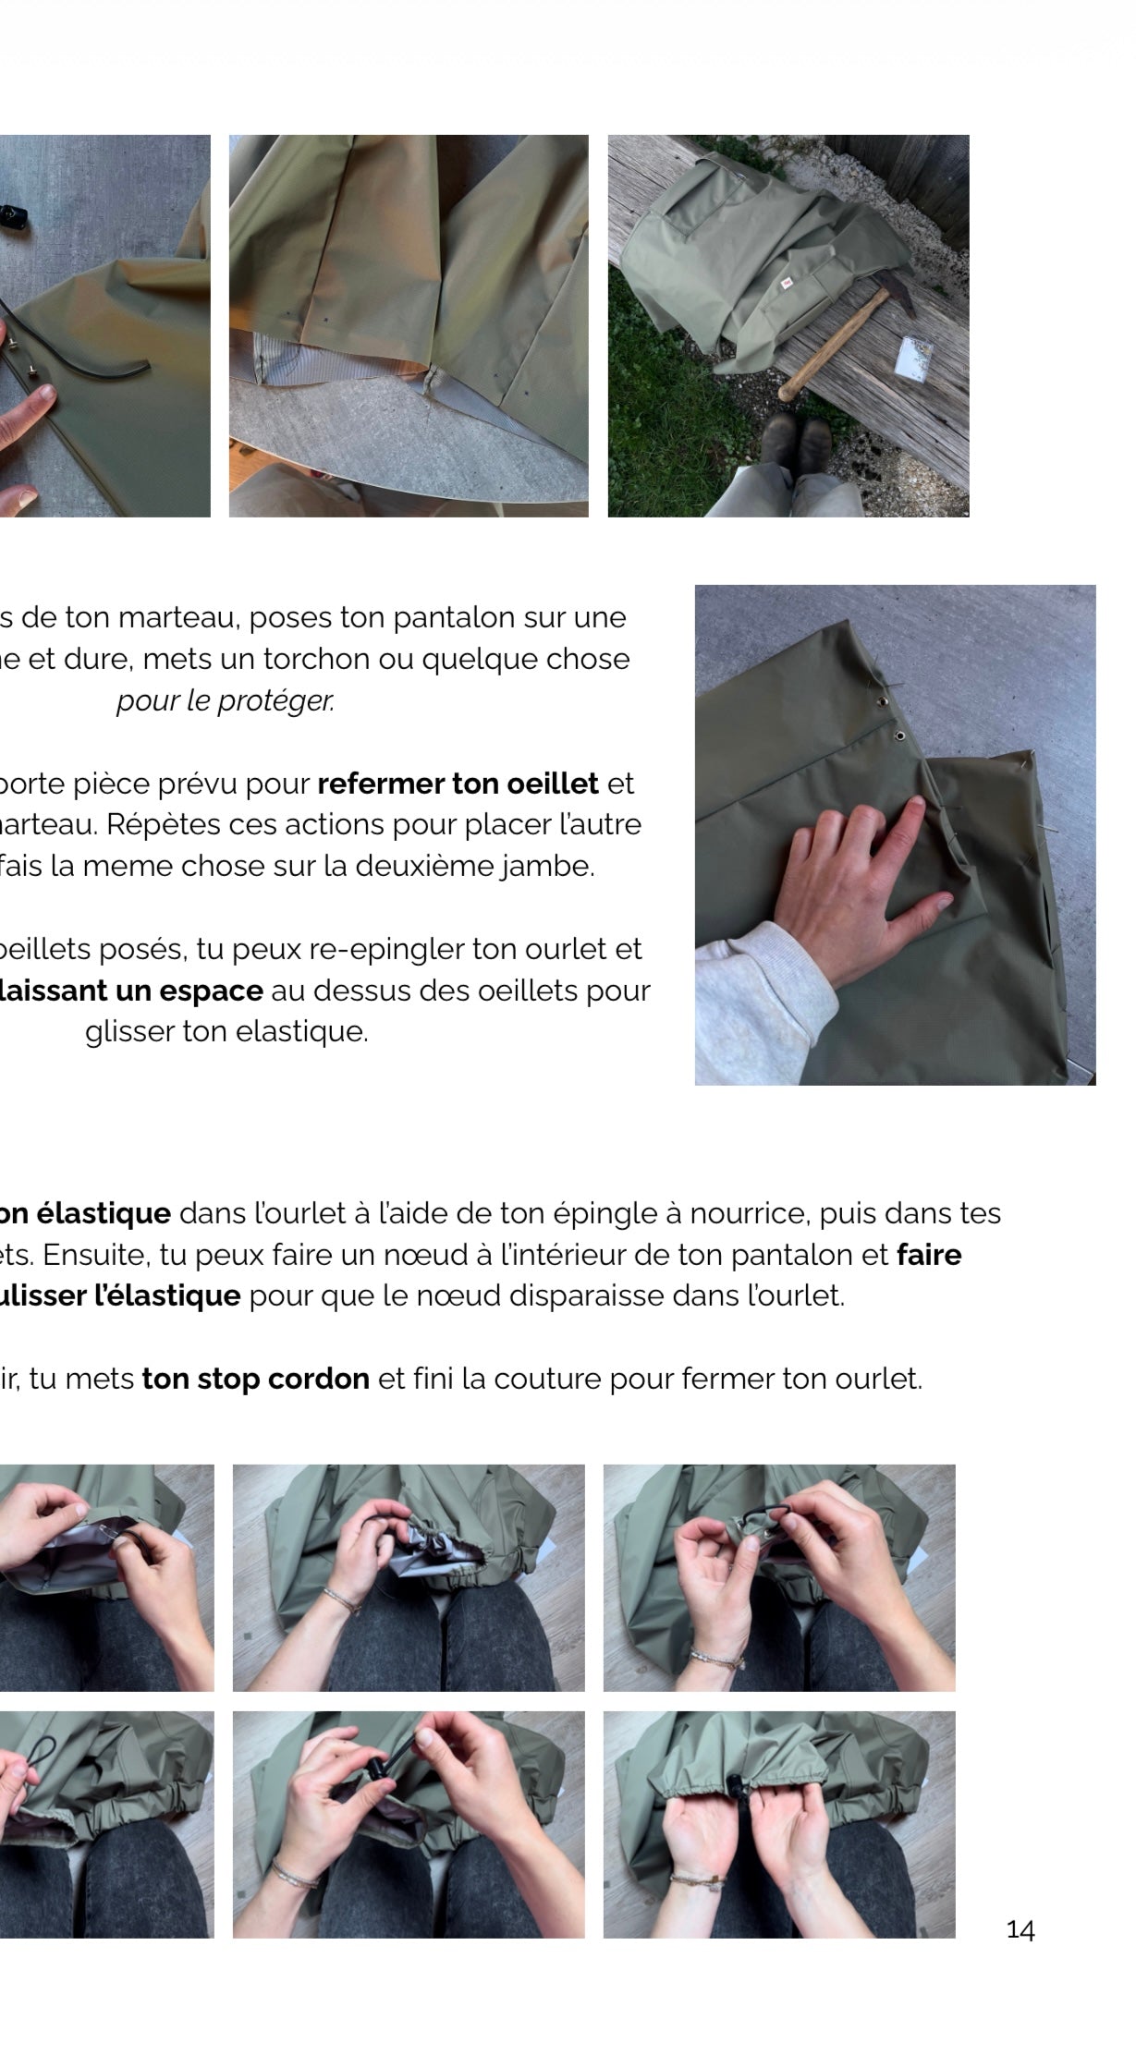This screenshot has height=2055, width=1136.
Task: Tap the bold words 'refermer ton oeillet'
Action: click(x=458, y=784)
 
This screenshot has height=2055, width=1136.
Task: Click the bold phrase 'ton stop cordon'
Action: click(x=255, y=1379)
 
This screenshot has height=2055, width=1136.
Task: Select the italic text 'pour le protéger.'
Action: click(x=225, y=701)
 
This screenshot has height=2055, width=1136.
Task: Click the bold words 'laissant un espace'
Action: click(x=131, y=991)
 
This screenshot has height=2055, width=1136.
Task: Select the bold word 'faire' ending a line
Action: click(x=929, y=1255)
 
